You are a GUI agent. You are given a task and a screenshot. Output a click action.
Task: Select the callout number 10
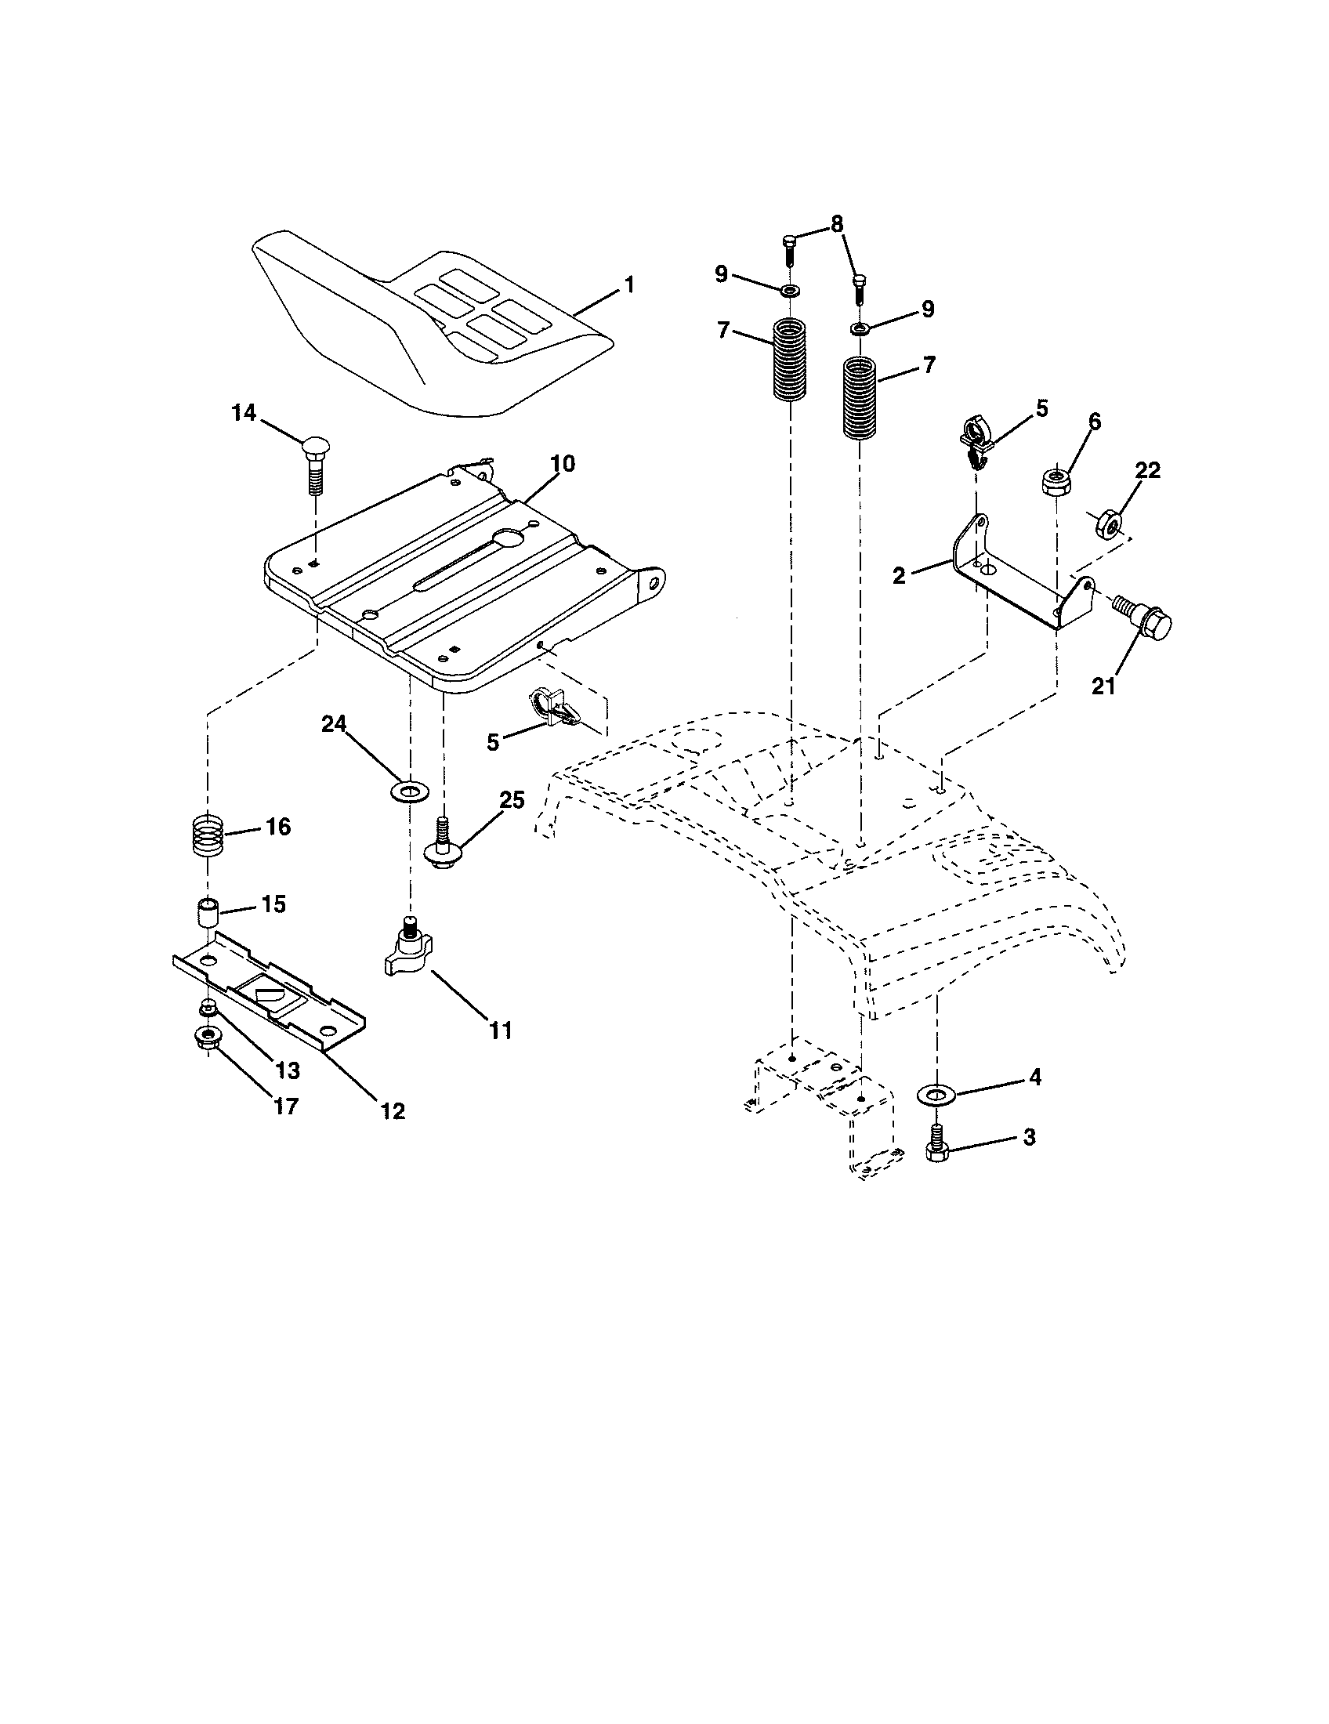562,463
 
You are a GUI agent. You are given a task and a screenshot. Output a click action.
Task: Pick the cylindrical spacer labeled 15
207,913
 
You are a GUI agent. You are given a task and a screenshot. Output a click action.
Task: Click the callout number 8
836,224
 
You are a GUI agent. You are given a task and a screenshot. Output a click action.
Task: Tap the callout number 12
393,1110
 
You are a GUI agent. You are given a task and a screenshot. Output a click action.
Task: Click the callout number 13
288,1070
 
